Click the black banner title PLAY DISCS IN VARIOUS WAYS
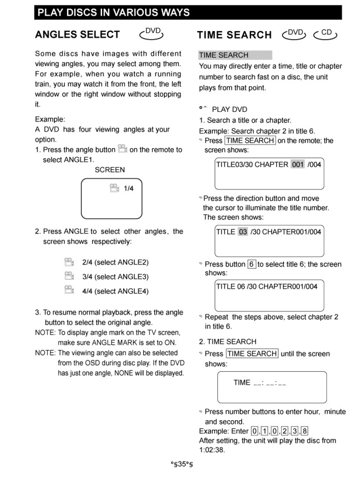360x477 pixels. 113,12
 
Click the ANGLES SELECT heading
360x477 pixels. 77,35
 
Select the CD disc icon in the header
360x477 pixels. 326,34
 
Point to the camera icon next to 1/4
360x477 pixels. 114,188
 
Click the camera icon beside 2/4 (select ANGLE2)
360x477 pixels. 69,262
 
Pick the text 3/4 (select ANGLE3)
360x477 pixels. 115,277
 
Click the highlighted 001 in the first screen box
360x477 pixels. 298,164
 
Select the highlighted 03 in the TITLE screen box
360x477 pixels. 243,232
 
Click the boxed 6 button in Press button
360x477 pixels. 251,264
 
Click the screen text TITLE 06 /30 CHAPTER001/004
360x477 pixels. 267,286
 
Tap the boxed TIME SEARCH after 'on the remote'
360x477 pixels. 250,140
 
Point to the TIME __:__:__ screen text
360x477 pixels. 260,383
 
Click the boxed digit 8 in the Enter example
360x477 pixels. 305,431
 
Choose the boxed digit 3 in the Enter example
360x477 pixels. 295,431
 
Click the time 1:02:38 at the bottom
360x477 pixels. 212,450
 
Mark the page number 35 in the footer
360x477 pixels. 182,464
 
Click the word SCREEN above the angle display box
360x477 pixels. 110,170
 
